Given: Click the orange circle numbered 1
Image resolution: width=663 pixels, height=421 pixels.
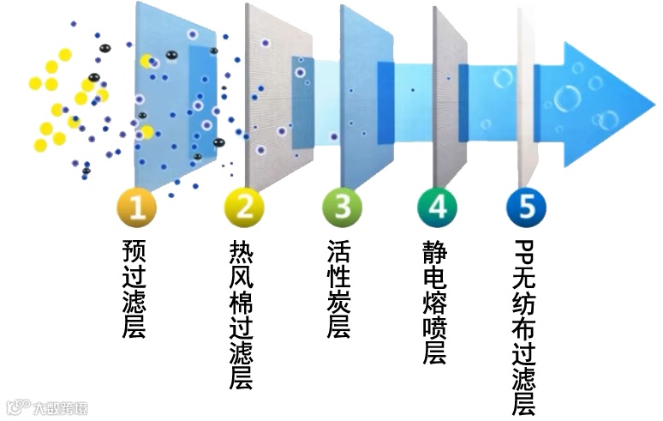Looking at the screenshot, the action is click(x=136, y=207).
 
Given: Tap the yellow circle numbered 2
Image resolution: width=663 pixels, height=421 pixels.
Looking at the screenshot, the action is click(x=244, y=207).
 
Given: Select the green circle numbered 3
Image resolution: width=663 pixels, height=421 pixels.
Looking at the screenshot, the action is click(x=342, y=207).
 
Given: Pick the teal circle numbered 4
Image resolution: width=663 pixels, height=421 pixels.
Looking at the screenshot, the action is click(x=437, y=207).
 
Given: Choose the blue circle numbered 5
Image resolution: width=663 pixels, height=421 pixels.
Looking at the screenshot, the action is click(x=525, y=207).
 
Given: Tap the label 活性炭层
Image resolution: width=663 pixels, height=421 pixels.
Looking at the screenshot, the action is click(x=340, y=288).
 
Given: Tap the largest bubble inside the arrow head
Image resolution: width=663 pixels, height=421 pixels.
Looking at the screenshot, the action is click(x=566, y=99).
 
